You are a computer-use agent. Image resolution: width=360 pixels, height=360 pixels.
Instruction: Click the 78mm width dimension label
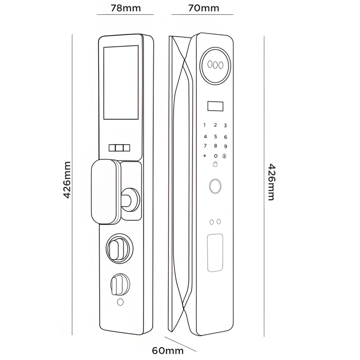(x=126, y=8)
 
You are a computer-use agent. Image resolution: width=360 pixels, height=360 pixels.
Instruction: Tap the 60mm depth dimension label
(x=168, y=351)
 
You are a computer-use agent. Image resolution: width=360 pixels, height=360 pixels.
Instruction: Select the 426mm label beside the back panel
(x=67, y=180)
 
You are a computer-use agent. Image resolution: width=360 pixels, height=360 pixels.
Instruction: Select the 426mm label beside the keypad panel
(x=271, y=182)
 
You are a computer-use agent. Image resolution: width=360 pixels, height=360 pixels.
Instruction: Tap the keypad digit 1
(x=205, y=125)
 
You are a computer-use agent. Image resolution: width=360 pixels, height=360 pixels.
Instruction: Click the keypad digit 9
(x=226, y=146)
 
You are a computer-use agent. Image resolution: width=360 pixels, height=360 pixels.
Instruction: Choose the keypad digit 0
(x=216, y=156)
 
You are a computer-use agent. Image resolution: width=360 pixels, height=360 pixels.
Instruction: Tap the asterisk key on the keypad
(x=205, y=156)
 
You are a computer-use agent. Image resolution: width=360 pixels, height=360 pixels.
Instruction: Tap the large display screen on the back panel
(x=121, y=82)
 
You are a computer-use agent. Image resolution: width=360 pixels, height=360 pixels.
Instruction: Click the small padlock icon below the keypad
(x=215, y=164)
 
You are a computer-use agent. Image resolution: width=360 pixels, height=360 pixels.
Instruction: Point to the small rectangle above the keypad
(x=215, y=106)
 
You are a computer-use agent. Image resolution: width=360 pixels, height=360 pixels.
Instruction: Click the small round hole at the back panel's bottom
(x=120, y=302)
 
